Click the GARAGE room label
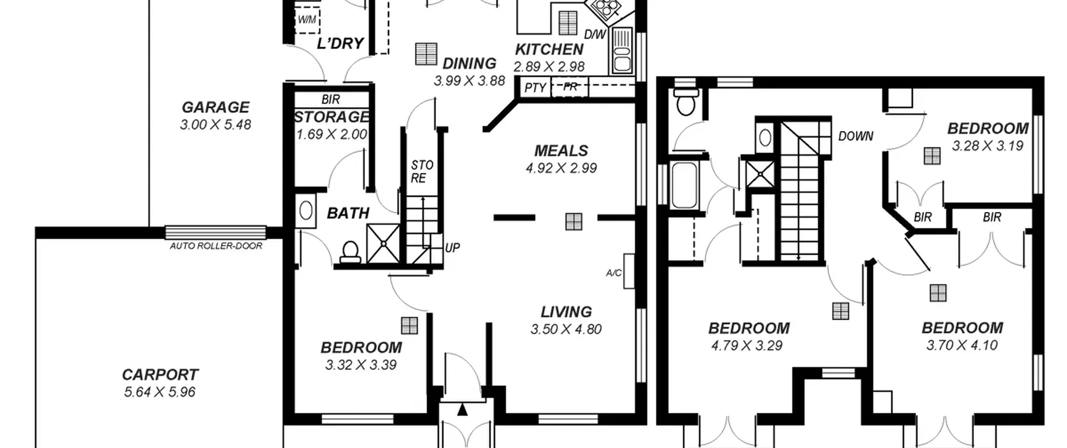coord(215,108)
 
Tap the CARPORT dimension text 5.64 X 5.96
coord(160,392)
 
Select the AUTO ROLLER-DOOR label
coord(216,246)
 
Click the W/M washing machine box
coord(307,20)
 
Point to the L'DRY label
coord(340,43)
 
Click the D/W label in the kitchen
coord(595,35)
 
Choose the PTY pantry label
coord(535,88)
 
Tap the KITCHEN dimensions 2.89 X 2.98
coord(549,67)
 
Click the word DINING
coord(469,64)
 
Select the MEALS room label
coord(561,150)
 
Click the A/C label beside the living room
coord(614,273)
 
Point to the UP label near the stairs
coord(452,248)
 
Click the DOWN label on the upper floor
coord(856,136)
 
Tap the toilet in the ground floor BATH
coord(350,253)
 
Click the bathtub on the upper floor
coord(684,185)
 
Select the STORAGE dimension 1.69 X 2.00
coord(332,135)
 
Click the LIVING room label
coord(566,312)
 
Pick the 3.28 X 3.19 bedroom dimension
coord(987,146)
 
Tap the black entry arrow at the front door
coord(462,409)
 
